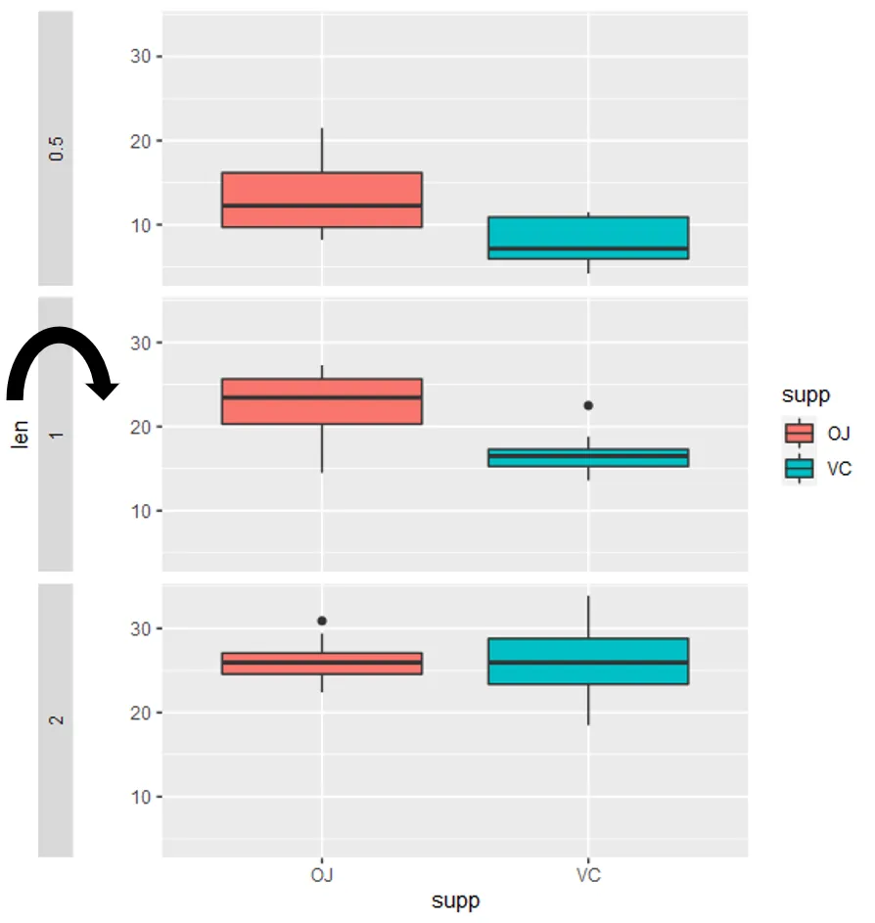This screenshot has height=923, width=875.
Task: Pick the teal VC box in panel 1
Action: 588,457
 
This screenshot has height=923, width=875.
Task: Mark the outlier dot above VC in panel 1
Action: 588,405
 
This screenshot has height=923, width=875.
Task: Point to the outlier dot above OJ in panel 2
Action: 322,621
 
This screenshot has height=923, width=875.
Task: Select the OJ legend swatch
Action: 800,433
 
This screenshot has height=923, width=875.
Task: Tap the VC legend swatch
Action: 800,469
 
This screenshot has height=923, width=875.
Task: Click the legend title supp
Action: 806,395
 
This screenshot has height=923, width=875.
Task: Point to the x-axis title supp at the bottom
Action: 455,900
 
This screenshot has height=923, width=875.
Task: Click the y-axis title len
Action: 21,433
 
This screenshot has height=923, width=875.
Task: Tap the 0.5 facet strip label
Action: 56,148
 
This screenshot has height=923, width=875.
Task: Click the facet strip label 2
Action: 56,719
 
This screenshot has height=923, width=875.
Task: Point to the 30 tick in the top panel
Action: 140,57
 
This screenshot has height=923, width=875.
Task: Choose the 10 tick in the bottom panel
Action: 140,797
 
